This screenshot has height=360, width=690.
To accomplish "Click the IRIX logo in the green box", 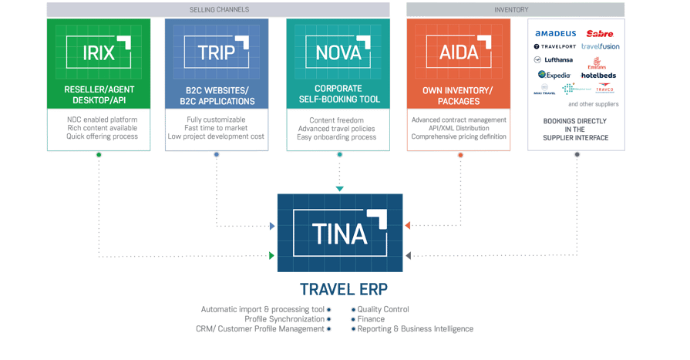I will [x=99, y=53].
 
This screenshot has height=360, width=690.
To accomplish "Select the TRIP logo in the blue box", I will [x=217, y=53].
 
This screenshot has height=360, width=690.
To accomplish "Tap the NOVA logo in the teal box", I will [x=338, y=53].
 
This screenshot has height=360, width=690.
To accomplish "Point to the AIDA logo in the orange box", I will [x=460, y=53].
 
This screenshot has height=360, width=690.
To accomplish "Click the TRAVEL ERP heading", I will [x=344, y=290].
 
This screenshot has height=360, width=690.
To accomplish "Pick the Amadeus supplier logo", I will [x=555, y=34].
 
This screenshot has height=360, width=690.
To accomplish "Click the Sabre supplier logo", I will [x=600, y=34].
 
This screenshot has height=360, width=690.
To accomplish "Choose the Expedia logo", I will [x=554, y=75].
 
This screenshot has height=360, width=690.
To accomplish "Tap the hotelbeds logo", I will [x=598, y=76].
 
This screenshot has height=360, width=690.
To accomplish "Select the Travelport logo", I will [x=554, y=46].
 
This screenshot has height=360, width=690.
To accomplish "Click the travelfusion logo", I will [x=600, y=46].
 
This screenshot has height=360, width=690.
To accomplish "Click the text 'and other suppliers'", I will [x=594, y=104].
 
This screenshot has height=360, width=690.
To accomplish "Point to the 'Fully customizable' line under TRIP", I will [x=216, y=120].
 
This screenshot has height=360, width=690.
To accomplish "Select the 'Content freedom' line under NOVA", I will [x=337, y=121].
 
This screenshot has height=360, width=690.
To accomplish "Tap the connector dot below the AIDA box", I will [x=460, y=154].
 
